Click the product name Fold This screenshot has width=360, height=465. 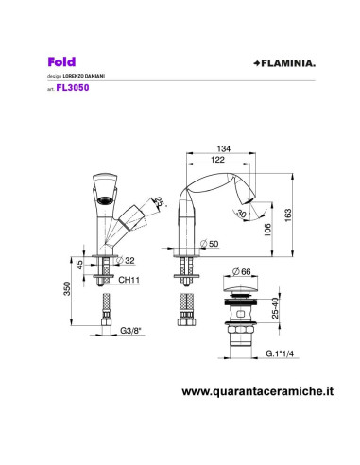point(60,59)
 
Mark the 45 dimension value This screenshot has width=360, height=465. point(80,266)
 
